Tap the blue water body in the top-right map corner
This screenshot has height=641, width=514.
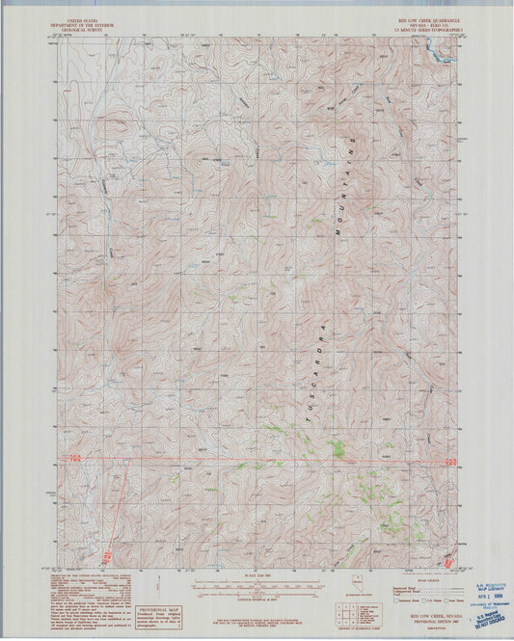point(445,54)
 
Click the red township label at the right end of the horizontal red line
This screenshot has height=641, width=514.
point(444,459)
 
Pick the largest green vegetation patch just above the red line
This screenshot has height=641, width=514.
point(338,448)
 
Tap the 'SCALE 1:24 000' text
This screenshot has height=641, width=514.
point(256,576)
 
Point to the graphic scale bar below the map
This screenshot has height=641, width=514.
point(256,585)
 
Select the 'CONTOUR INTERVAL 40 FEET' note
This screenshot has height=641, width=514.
point(256,598)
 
